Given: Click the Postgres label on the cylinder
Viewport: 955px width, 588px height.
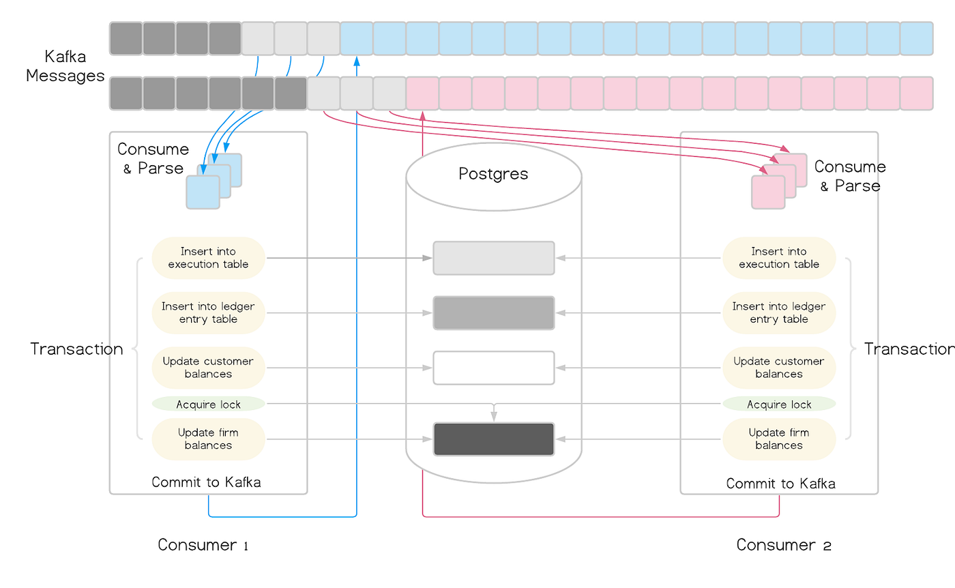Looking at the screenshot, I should (x=493, y=174).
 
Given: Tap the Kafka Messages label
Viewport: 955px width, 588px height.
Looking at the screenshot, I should (x=56, y=66).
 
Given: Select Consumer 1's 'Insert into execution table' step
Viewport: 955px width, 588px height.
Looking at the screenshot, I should (x=208, y=258).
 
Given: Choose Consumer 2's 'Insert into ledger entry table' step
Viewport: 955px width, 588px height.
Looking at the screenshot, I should (x=779, y=313).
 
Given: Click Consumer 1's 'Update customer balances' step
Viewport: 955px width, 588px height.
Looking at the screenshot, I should (x=208, y=368).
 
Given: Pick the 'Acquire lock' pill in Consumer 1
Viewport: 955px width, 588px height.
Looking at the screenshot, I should (x=208, y=405).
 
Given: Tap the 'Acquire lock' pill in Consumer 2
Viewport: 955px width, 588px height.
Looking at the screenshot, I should (x=779, y=405).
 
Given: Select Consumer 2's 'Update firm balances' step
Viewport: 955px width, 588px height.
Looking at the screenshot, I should (x=779, y=439).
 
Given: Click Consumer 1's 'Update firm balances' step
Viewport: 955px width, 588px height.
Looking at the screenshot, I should (x=208, y=439).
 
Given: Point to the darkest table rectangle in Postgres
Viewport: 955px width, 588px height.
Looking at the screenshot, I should (x=493, y=439).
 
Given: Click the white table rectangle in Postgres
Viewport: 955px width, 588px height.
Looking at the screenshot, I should (x=493, y=368).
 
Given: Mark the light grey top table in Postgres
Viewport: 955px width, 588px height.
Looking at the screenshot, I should (x=493, y=258).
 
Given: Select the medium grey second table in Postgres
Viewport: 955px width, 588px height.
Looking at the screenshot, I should (x=493, y=313).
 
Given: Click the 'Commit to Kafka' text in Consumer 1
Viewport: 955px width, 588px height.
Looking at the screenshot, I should (x=206, y=482).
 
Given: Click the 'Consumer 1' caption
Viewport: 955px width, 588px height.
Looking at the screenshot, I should (x=203, y=545).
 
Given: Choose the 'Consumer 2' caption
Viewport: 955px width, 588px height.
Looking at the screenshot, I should (x=784, y=545).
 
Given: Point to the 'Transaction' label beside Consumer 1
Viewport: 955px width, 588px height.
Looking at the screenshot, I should (x=76, y=349).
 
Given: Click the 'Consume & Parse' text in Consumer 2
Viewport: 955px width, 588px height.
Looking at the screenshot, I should (x=850, y=176).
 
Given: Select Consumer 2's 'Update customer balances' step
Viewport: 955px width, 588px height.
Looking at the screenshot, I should (x=779, y=368).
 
